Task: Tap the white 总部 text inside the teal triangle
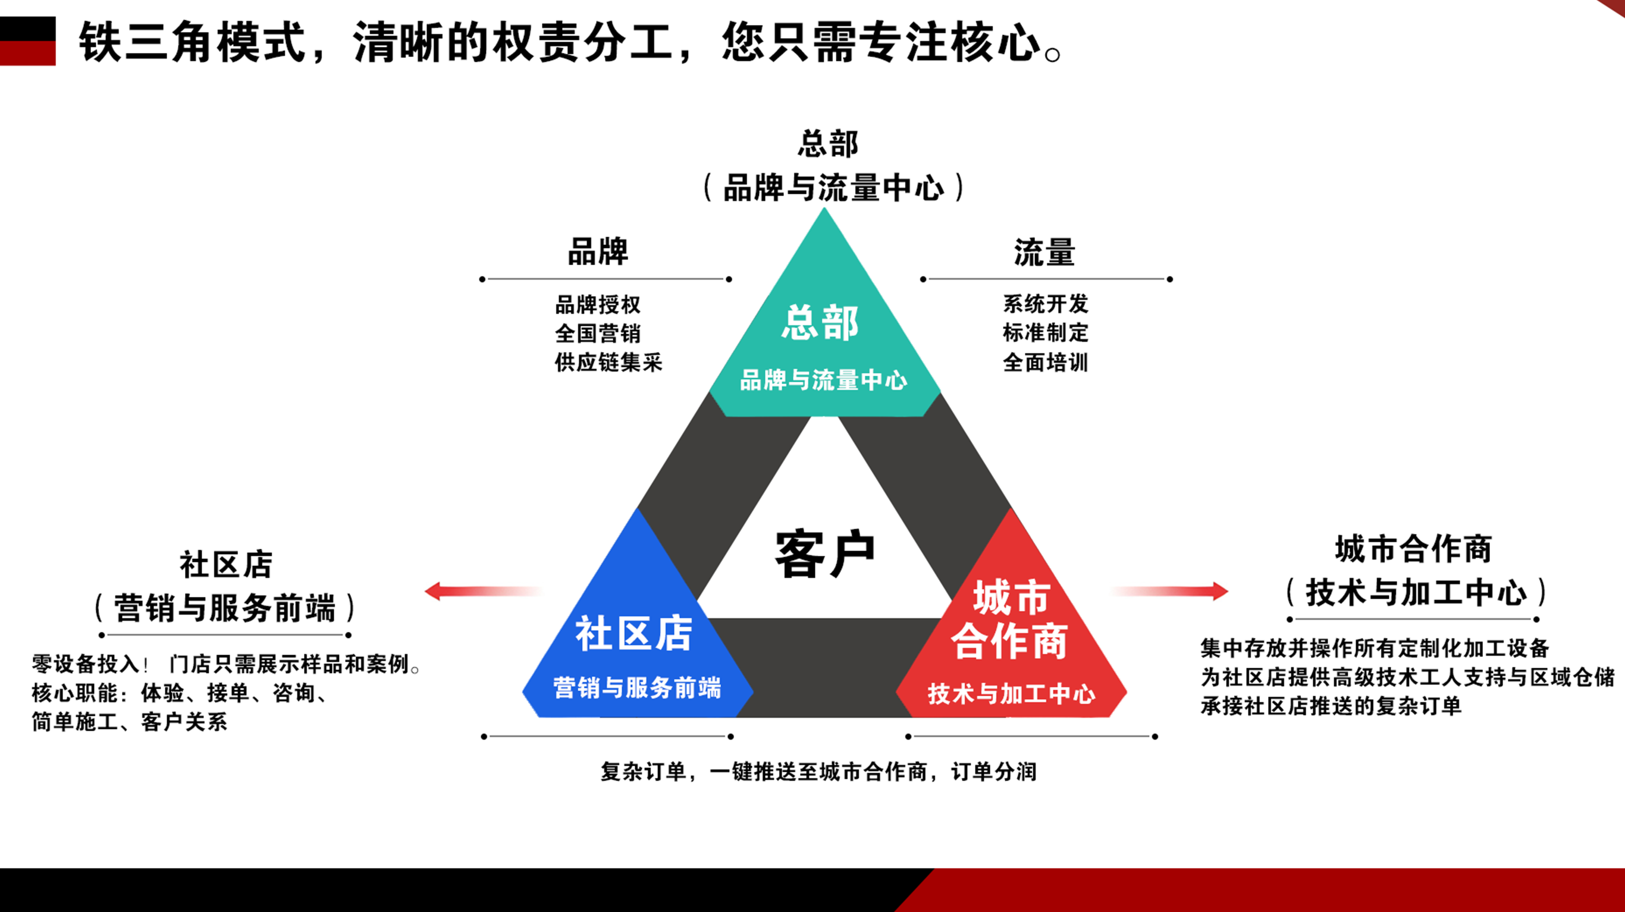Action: pyautogui.click(x=820, y=323)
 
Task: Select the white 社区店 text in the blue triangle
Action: pyautogui.click(x=634, y=633)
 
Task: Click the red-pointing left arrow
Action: pyautogui.click(x=483, y=591)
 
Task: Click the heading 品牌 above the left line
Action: pyautogui.click(x=598, y=251)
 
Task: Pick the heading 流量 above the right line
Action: pyautogui.click(x=1044, y=252)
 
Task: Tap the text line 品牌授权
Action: pyautogui.click(x=598, y=304)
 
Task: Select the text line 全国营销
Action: pyautogui.click(x=598, y=333)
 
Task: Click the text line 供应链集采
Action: pyautogui.click(x=608, y=362)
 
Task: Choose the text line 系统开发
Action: pyautogui.click(x=1046, y=304)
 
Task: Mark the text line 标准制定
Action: pyautogui.click(x=1046, y=332)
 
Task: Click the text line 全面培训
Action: pyautogui.click(x=1046, y=362)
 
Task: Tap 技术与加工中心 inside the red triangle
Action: pyautogui.click(x=1011, y=694)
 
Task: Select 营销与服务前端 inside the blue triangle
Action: pyautogui.click(x=637, y=687)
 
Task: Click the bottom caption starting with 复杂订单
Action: pyautogui.click(x=819, y=771)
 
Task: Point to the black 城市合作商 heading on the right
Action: pyautogui.click(x=1414, y=549)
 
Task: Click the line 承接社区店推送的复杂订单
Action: pyautogui.click(x=1331, y=706)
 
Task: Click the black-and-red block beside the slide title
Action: pyautogui.click(x=28, y=41)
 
